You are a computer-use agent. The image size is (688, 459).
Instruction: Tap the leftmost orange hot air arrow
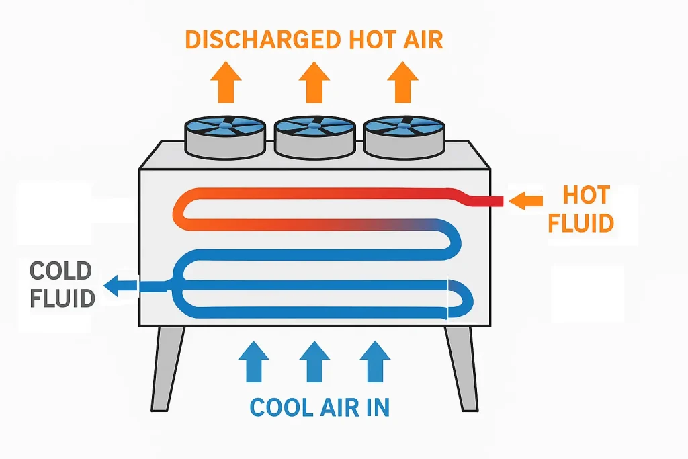click(226, 81)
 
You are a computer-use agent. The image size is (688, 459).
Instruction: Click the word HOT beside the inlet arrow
click(587, 196)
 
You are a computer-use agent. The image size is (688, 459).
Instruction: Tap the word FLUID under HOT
click(580, 223)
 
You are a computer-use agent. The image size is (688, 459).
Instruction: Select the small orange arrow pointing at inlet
click(525, 200)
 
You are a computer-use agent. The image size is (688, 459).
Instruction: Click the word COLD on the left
click(60, 272)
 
